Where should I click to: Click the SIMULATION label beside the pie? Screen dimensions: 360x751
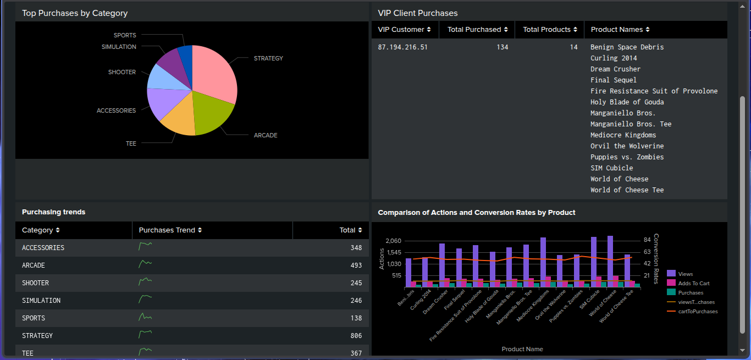tap(119, 47)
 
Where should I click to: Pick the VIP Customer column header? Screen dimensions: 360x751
tap(404, 30)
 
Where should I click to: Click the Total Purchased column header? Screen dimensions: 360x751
tap(477, 30)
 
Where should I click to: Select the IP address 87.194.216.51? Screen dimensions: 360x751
tap(402, 47)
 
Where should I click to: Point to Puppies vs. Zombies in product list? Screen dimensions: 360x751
tap(627, 157)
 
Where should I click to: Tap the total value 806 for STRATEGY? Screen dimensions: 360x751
tap(356, 336)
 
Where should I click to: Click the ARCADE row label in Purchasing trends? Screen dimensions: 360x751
tap(34, 265)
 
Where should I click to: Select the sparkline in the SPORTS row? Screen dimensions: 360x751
tap(145, 317)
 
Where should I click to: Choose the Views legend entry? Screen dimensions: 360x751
tap(685, 274)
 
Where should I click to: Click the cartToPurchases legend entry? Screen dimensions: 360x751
tap(698, 312)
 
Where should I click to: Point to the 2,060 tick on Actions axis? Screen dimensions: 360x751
tap(394, 241)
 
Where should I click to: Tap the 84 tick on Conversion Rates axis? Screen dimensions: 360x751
tap(647, 240)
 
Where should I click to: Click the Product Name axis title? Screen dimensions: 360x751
tap(522, 349)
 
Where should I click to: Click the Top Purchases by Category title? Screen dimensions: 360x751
tap(75, 13)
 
